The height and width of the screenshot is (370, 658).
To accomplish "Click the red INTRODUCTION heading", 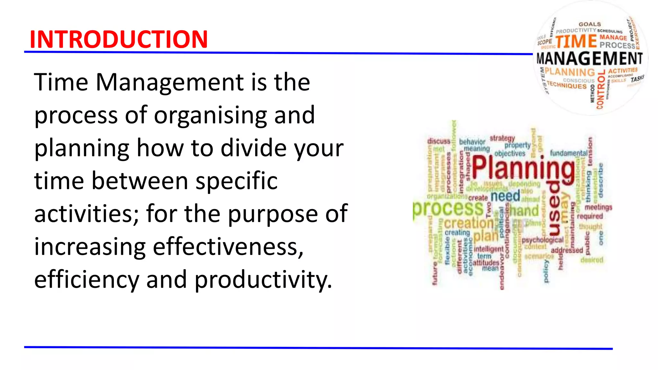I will [x=119, y=39].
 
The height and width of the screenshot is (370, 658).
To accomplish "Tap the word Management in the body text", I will [x=170, y=82].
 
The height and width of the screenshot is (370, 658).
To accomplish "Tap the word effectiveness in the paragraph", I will [x=228, y=247].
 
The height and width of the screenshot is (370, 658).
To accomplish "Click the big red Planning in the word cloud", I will [x=523, y=168].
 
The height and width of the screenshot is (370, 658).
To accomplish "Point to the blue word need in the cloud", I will [x=505, y=196].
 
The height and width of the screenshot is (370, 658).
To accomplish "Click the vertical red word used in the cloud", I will [x=555, y=208].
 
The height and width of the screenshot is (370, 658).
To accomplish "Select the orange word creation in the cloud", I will [x=469, y=223].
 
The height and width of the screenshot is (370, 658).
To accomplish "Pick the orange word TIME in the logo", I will [x=576, y=41].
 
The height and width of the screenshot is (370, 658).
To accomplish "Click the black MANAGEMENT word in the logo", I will [x=590, y=59].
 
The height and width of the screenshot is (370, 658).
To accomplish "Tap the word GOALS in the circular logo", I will [x=590, y=24].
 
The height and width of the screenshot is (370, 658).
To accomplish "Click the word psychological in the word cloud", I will [x=543, y=240].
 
